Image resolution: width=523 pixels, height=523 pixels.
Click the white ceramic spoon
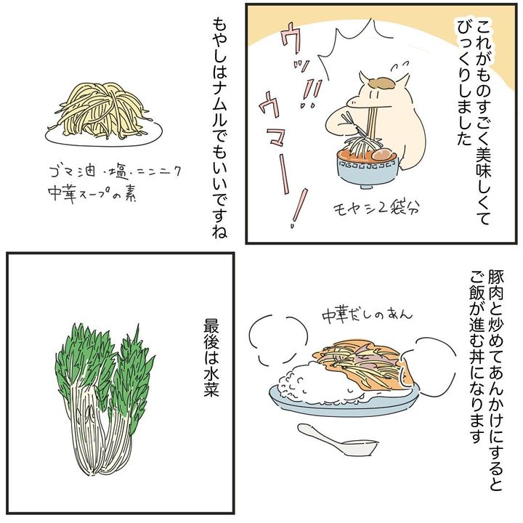[337, 439]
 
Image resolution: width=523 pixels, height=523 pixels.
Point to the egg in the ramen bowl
[384, 156]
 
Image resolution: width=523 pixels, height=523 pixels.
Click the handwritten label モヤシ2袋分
[376, 208]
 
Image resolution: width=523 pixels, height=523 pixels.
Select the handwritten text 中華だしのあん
[367, 315]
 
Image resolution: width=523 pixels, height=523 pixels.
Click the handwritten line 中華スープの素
[92, 193]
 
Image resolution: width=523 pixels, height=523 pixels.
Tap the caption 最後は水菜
[211, 357]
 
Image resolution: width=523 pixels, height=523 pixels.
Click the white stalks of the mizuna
[100, 437]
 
